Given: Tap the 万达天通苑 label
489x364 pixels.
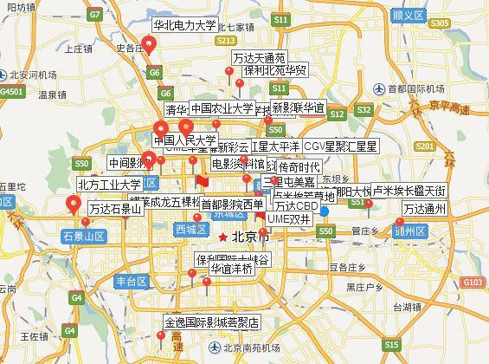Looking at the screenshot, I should coord(259,59).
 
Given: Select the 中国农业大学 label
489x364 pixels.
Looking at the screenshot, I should coord(222,109).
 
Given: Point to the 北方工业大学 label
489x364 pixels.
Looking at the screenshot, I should coord(109,185).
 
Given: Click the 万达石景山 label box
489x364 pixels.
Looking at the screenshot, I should coord(116,209).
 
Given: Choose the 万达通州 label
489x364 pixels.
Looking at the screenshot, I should coord(422,209).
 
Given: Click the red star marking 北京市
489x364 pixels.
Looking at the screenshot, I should coord(223,237).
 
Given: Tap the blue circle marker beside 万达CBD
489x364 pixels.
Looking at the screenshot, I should coord(324,210).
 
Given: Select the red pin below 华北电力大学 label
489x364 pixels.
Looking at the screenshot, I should coord(150,46).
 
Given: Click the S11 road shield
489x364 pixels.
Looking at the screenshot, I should coord(280,19).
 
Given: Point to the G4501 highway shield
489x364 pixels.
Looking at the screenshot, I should coord(11,91).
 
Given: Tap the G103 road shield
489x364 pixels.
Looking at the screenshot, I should coord(473,283).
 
